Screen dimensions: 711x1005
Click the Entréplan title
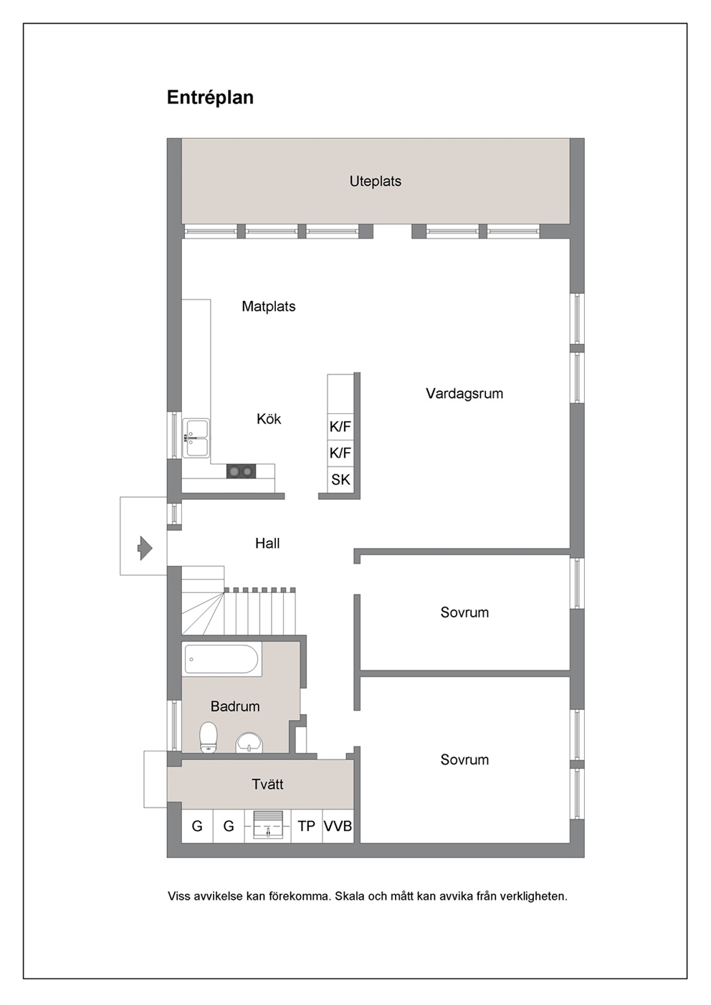[x=210, y=98]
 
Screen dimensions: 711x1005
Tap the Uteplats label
[x=376, y=181]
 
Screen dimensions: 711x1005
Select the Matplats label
[x=269, y=307]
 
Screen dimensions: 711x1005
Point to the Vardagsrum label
[x=464, y=393]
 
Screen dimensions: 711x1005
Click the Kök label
[x=269, y=418]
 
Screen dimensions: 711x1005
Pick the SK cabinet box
[x=340, y=480]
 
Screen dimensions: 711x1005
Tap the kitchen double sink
[x=196, y=438]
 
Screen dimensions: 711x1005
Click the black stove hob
[x=241, y=471]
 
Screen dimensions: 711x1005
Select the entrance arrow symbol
[x=145, y=548]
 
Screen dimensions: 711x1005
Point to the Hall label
[x=267, y=543]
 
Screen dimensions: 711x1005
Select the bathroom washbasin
[x=249, y=743]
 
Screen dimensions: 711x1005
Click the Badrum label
[x=235, y=706]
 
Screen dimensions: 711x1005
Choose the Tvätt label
[x=267, y=784]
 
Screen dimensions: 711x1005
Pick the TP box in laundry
[x=307, y=826]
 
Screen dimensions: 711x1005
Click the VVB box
[x=338, y=826]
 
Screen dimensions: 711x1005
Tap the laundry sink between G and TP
[x=268, y=824]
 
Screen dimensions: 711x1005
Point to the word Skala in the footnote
[x=350, y=896]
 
